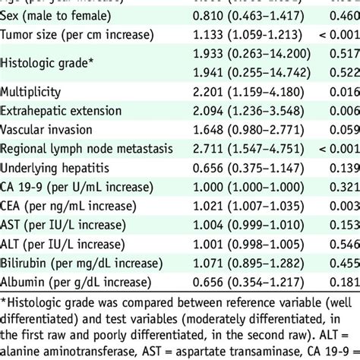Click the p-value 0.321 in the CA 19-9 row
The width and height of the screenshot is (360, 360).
point(346,185)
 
